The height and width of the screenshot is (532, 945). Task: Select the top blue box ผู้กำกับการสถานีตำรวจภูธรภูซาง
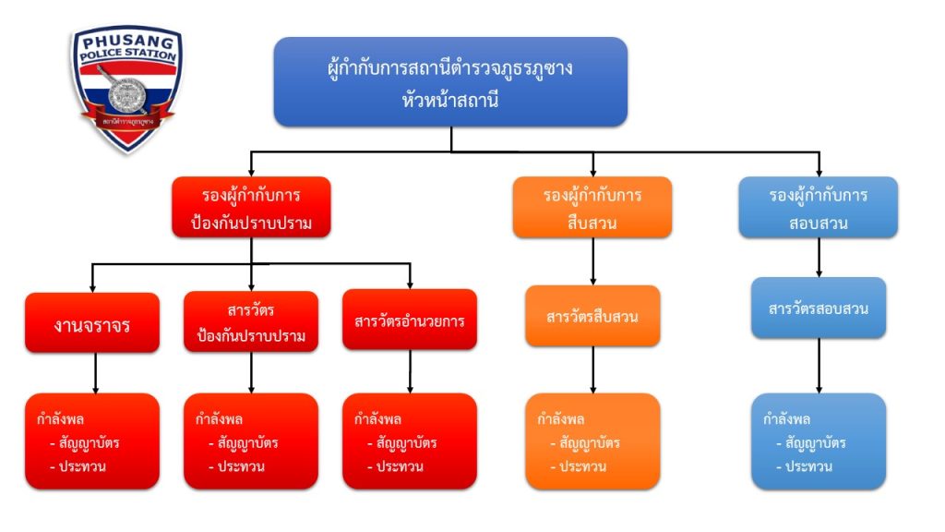[450, 81]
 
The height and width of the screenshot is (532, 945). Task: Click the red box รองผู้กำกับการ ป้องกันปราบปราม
[251, 208]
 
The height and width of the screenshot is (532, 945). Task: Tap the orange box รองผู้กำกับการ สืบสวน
[592, 208]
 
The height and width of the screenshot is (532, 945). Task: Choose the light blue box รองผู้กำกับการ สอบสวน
[819, 208]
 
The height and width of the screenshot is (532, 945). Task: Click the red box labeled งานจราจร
[92, 322]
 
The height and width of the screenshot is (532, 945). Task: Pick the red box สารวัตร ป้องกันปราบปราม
[251, 322]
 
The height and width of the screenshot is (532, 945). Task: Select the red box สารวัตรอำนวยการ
[409, 320]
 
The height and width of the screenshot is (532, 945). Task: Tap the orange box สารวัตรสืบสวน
[592, 317]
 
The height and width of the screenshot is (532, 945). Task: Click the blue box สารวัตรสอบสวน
[819, 308]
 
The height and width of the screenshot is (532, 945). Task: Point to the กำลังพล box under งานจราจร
[92, 441]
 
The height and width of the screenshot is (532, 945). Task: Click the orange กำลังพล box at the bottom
[592, 441]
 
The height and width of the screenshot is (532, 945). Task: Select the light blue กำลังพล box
[819, 441]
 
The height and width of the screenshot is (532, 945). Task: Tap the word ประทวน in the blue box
[808, 466]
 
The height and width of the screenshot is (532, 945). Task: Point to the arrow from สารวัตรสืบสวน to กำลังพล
[592, 369]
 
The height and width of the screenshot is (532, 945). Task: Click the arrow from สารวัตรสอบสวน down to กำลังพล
[819, 366]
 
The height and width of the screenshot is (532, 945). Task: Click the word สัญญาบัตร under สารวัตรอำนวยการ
[406, 443]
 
